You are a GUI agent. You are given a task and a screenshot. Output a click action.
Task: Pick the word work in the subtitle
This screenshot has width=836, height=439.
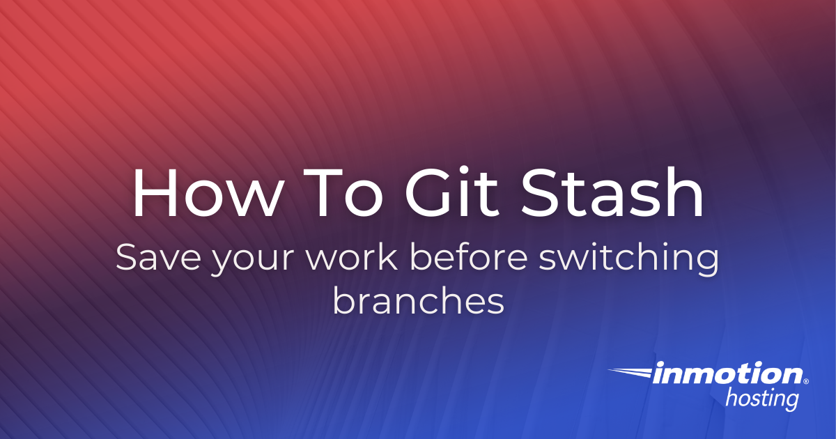click(346, 259)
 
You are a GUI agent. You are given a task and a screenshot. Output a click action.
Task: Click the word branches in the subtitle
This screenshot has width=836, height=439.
click(418, 302)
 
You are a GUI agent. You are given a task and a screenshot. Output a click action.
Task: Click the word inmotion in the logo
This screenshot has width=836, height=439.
click(728, 375)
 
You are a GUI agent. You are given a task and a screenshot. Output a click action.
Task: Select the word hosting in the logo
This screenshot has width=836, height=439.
click(761, 400)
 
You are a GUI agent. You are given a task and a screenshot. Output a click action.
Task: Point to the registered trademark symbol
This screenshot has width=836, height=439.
click(806, 382)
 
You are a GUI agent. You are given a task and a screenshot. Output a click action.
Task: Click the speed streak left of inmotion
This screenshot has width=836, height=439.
click(630, 373)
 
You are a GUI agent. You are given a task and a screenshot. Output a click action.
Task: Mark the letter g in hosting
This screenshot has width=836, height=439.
click(791, 403)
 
